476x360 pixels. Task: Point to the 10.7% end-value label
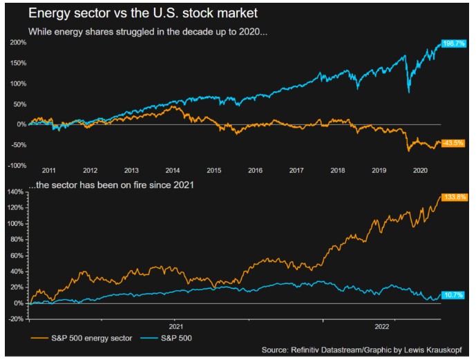coord(452,295)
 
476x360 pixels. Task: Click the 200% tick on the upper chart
coord(17,43)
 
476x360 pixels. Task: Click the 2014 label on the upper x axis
coord(172,170)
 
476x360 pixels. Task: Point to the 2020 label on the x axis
coord(420,170)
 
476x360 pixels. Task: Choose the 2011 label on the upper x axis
coord(48,170)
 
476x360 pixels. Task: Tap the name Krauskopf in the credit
coord(450,350)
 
